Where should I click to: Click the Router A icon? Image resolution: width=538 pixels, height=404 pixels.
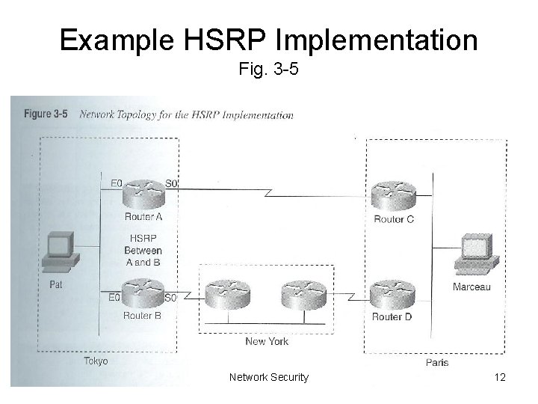[x=143, y=195]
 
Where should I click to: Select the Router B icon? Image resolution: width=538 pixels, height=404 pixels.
[x=143, y=293]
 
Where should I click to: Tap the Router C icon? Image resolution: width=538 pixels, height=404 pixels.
[x=394, y=196]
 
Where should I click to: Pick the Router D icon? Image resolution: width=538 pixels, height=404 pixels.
[x=392, y=295]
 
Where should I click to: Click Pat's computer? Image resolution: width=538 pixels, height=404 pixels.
[x=61, y=252]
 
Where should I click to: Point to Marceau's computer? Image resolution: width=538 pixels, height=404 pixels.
[x=477, y=254]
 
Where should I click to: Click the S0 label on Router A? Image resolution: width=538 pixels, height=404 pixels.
[x=171, y=184]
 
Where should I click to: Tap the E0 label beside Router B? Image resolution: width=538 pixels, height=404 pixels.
[x=114, y=297]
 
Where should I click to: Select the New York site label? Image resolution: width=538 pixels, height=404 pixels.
[x=267, y=341]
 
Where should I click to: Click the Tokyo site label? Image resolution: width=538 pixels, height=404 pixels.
[x=96, y=361]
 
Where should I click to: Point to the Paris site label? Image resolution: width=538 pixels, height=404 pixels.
[x=437, y=362]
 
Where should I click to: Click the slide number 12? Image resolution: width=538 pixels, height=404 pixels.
[x=500, y=377]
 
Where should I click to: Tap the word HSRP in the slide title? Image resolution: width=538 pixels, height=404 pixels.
[x=225, y=40]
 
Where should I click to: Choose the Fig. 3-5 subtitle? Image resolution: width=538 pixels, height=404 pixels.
[x=269, y=68]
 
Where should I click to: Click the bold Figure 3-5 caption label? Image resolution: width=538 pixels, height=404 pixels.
[x=46, y=114]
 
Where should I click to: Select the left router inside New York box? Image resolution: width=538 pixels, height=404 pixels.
[x=228, y=295]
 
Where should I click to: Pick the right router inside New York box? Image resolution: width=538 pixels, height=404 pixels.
[x=303, y=295]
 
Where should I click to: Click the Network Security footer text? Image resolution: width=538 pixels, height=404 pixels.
[x=269, y=377]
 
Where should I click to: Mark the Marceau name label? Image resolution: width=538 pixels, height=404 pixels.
[x=471, y=287]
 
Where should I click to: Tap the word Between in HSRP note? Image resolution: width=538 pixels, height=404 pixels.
[x=143, y=251]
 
